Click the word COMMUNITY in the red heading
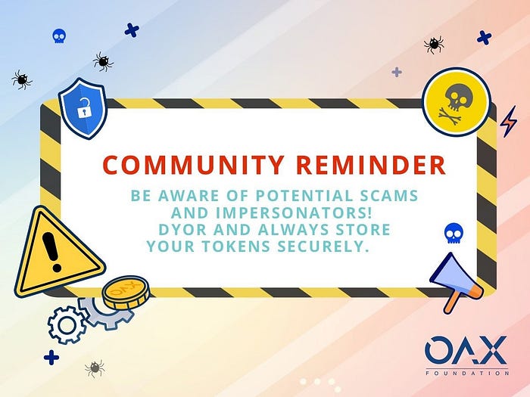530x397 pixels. point(192,165)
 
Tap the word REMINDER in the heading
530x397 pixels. point(371,165)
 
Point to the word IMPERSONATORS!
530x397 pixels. point(294,212)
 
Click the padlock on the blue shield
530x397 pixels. point(83,107)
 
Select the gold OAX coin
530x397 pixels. point(126,293)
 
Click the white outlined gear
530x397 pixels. point(67,324)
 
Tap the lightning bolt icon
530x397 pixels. point(508,122)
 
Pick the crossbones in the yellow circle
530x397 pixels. point(450,116)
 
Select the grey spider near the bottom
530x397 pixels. point(95,369)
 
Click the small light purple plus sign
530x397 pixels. point(397,73)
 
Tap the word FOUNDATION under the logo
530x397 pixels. point(467,373)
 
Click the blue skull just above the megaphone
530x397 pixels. point(454,233)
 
